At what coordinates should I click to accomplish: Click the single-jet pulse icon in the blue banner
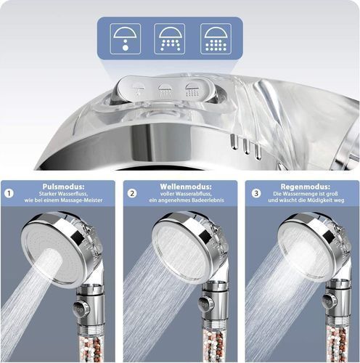point(126,38)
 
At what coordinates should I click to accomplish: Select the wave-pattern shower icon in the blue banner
point(170,38)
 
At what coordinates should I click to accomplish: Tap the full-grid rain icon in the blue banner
point(216,38)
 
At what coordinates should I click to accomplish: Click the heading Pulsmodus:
point(63,187)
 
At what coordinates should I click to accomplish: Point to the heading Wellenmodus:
point(186,187)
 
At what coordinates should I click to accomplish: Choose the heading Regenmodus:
point(306,187)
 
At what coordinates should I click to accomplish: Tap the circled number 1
point(9,194)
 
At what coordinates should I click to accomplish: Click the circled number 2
point(132,194)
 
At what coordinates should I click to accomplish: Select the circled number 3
point(256,193)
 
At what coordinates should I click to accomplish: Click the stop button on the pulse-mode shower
point(81,309)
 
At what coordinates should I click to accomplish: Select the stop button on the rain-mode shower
point(330,302)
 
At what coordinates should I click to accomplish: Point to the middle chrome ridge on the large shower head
point(247,147)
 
